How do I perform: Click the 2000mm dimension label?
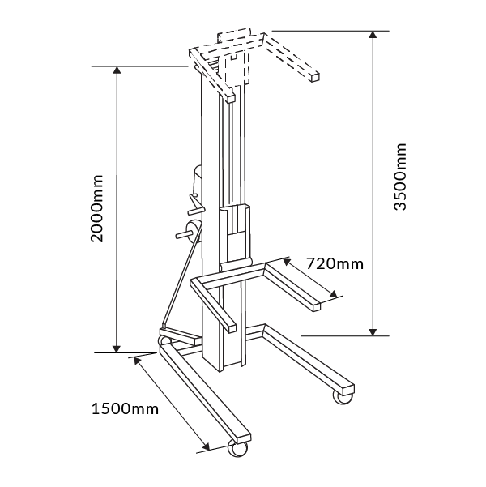click(x=96, y=209)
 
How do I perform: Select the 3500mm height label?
click(x=400, y=178)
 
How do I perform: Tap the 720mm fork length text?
click(x=335, y=263)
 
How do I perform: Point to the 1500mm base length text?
click(x=122, y=408)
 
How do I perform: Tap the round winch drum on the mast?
click(x=194, y=229)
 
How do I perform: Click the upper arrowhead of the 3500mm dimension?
click(x=373, y=36)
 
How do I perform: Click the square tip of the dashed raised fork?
click(x=314, y=76)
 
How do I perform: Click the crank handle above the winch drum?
click(x=190, y=203)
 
